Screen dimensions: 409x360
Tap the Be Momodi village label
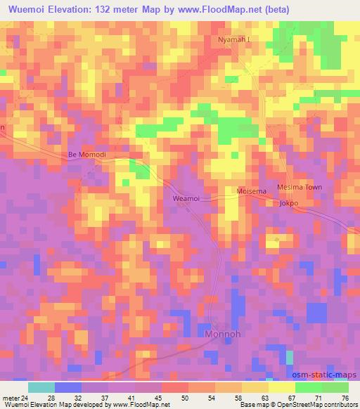pyautogui.click(x=86, y=154)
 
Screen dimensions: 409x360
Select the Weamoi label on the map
pyautogui.click(x=186, y=199)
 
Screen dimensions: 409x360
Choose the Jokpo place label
pyautogui.click(x=289, y=204)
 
